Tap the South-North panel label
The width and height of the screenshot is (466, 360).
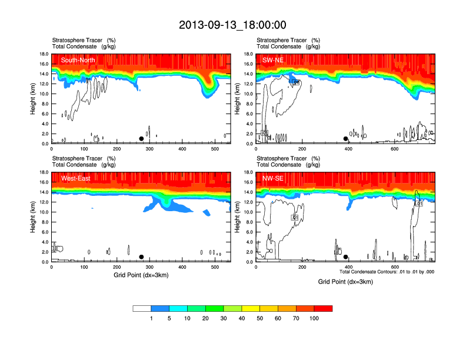78,60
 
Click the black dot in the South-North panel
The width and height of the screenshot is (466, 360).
141,139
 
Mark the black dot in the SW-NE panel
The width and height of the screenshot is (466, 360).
346,139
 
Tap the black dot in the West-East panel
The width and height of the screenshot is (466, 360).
141,257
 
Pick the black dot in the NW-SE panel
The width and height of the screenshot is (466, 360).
346,257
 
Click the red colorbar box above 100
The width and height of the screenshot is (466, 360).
323,308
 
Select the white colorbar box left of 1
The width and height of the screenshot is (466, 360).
142,308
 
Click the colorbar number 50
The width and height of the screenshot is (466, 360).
260,318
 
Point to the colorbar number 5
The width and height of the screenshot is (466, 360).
169,318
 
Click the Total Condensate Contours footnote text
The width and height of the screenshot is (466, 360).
387,272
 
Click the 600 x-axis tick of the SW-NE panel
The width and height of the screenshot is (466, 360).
394,149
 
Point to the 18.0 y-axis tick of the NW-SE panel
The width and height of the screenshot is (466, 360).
248,172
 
